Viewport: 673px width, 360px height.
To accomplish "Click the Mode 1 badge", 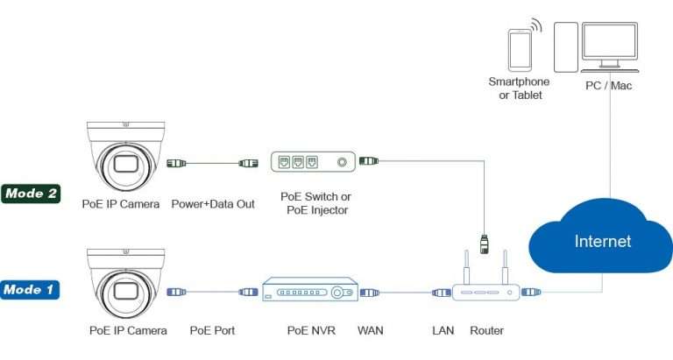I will click(32, 288).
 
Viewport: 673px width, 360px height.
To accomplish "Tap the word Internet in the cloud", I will click(602, 241).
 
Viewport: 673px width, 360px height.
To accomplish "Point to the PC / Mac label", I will click(608, 86).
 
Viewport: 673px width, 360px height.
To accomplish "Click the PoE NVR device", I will click(310, 293).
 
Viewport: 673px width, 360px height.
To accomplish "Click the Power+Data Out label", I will click(213, 204).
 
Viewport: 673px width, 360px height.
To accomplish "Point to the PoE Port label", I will click(213, 331).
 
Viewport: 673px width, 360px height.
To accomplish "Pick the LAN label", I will click(443, 331).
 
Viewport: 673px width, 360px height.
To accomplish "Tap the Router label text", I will click(486, 331).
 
